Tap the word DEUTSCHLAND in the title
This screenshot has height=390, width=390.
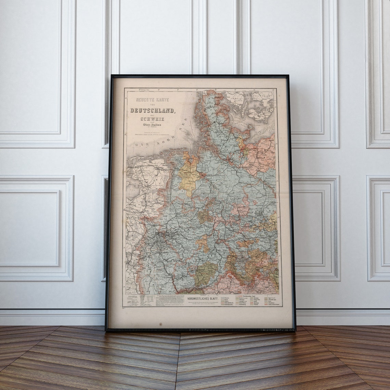click(153, 110)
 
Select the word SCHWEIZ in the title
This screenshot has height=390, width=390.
click(152, 119)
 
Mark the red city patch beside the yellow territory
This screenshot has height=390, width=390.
click(203, 175)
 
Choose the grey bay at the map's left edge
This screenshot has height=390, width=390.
click(132, 185)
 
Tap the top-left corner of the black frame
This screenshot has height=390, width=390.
click(112, 76)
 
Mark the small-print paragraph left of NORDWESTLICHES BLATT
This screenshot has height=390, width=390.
click(169, 300)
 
